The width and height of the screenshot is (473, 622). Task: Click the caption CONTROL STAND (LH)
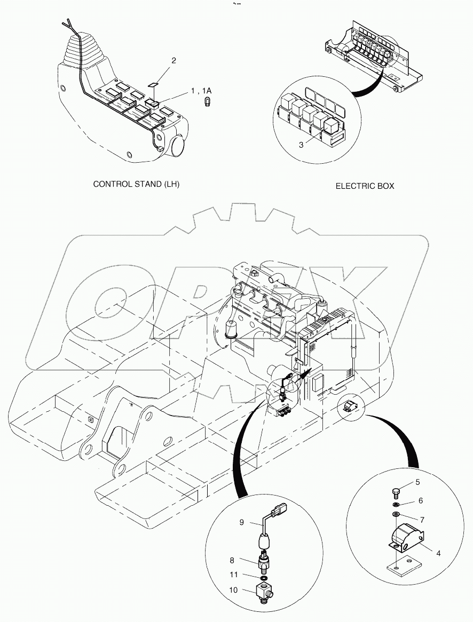pos(136,184)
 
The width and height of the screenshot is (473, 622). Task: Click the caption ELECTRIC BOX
pos(365,186)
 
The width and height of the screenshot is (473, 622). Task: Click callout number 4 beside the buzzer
pos(438,553)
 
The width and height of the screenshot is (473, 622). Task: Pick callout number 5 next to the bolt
pos(417,482)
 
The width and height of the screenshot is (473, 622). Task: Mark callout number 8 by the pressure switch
pos(232,561)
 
